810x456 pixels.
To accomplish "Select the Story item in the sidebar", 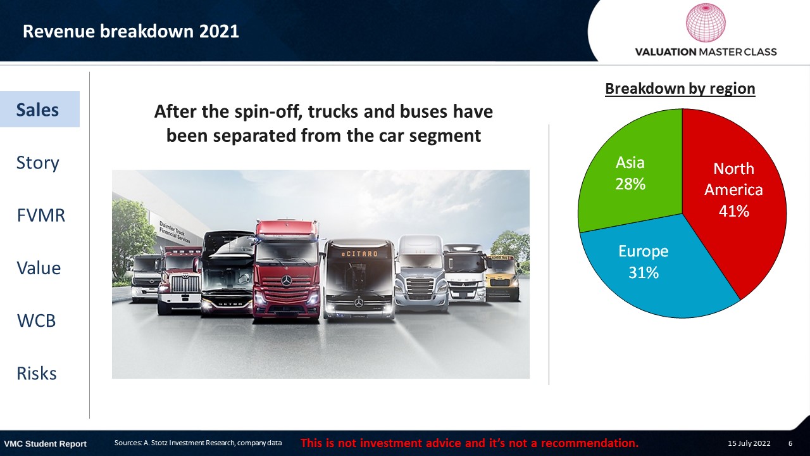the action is pyautogui.click(x=37, y=163).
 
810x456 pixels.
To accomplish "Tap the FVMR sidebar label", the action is pyautogui.click(x=41, y=215).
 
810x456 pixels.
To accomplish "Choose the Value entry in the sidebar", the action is pyautogui.click(x=39, y=268).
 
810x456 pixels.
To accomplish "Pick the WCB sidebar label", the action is pyautogui.click(x=36, y=320).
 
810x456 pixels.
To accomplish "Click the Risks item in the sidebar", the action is pyautogui.click(x=37, y=374).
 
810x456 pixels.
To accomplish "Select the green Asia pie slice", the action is pyautogui.click(x=633, y=174).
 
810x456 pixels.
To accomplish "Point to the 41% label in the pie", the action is pyautogui.click(x=733, y=211).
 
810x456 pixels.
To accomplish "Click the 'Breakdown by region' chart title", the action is pyautogui.click(x=680, y=89).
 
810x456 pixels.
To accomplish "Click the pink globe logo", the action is pyautogui.click(x=706, y=22).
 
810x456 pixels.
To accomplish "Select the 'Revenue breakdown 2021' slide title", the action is pyautogui.click(x=130, y=31).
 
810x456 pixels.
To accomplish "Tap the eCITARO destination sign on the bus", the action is pyautogui.click(x=359, y=254).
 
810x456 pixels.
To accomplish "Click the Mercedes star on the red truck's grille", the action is pyautogui.click(x=286, y=281).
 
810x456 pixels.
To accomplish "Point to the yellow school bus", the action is pyautogui.click(x=503, y=277).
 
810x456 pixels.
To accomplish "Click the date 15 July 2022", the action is pyautogui.click(x=749, y=443).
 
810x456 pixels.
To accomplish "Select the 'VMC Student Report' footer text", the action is pyautogui.click(x=45, y=444).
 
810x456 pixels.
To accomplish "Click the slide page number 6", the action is pyautogui.click(x=790, y=443).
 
